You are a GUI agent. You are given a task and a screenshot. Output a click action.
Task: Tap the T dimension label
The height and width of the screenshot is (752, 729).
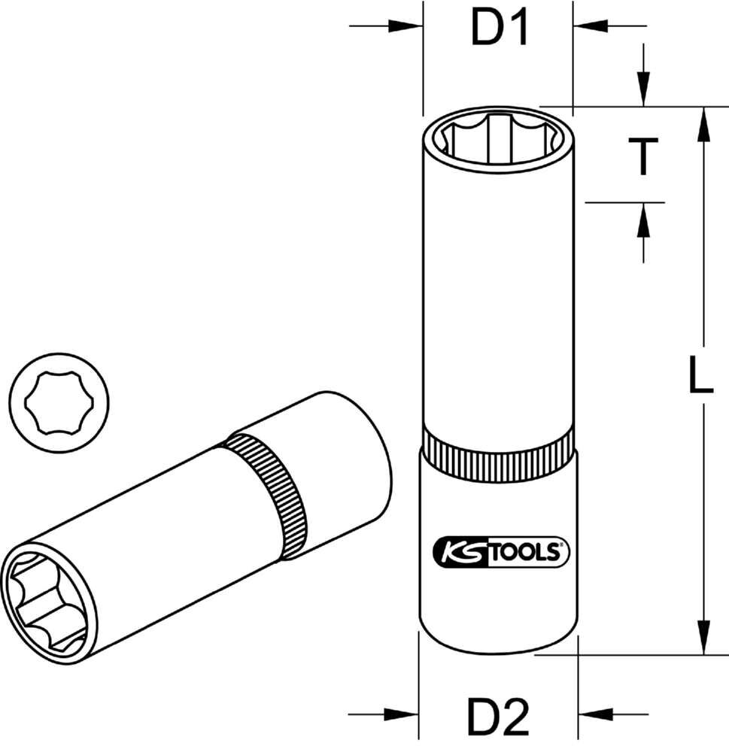tap(643, 156)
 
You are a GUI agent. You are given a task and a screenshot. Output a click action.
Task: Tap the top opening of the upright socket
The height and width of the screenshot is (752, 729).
tap(497, 139)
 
